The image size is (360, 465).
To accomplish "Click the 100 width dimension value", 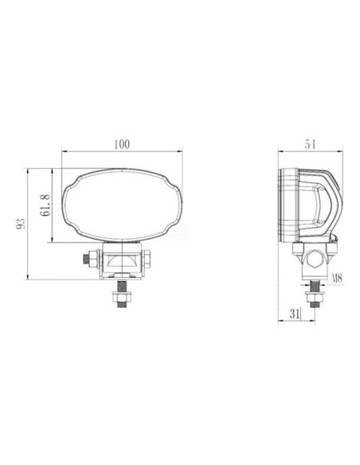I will pos(122,144).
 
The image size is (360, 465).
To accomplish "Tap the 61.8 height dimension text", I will pos(45,205).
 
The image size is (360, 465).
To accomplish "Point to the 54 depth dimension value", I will pos(310,144).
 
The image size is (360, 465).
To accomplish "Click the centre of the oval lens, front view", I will pos(122,205).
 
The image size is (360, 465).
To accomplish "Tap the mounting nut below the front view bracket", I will pos(122,299).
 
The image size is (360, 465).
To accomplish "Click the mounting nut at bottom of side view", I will pos(314,299).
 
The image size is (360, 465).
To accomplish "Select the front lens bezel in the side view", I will pos(284,205).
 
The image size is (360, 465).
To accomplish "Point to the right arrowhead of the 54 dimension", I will pos(343,151).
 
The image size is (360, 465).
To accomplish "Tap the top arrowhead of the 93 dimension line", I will pos(29,170).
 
